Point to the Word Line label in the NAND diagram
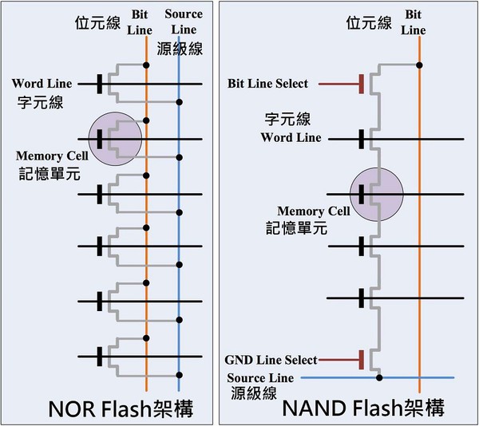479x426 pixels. click(x=291, y=137)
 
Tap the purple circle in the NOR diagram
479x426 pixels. click(x=115, y=140)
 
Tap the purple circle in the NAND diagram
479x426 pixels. click(x=377, y=193)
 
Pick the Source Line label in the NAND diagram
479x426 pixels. click(x=260, y=377)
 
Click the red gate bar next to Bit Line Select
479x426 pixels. click(x=362, y=84)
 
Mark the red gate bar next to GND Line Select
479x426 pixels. click(x=362, y=361)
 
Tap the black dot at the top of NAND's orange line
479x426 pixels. click(x=420, y=65)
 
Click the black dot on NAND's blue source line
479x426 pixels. click(x=379, y=377)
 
